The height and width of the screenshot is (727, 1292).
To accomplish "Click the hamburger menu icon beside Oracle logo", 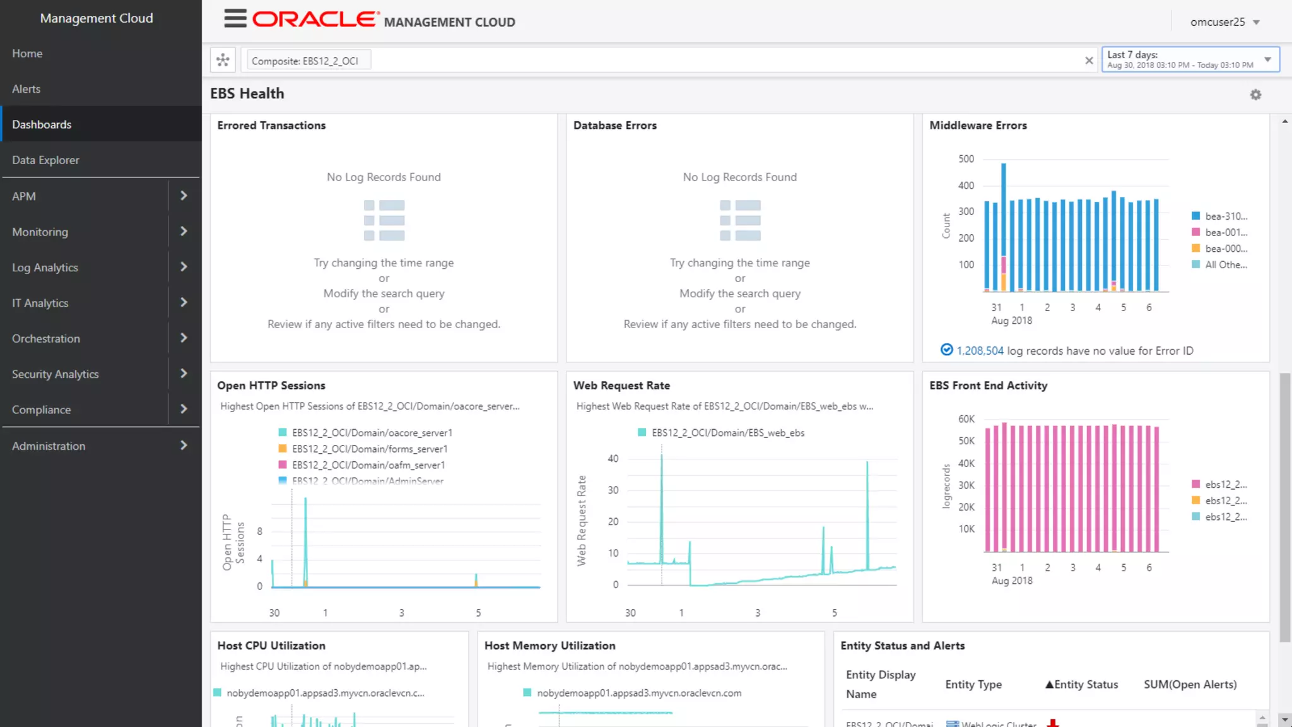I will pos(235,19).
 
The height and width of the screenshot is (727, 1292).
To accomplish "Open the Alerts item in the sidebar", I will pos(26,89).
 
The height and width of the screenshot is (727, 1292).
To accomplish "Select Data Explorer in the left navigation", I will pos(45,160).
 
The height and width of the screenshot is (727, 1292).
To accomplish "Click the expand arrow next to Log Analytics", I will pos(184,267).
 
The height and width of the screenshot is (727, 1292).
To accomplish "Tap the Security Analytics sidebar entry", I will pos(56,374).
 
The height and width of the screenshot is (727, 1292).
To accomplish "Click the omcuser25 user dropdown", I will pos(1224,22).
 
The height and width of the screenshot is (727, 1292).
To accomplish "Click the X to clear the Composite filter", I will pos(1089,61).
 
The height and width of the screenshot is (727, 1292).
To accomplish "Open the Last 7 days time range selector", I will pos(1190,60).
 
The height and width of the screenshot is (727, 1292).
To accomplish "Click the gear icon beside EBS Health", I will pos(1255,95).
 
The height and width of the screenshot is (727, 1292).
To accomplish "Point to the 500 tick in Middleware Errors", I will pos(966,159).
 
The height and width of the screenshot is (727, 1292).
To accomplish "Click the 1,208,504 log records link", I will pos(979,351).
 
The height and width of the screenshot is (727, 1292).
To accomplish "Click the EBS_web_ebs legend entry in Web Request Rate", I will pos(727,433).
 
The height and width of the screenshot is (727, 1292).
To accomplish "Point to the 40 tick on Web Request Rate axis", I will pos(613,459).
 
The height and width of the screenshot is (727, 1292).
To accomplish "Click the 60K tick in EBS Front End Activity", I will pos(966,419).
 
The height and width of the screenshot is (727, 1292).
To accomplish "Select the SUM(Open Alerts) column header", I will pos(1190,685).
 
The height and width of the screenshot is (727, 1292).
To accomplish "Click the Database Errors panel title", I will pos(614,126).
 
